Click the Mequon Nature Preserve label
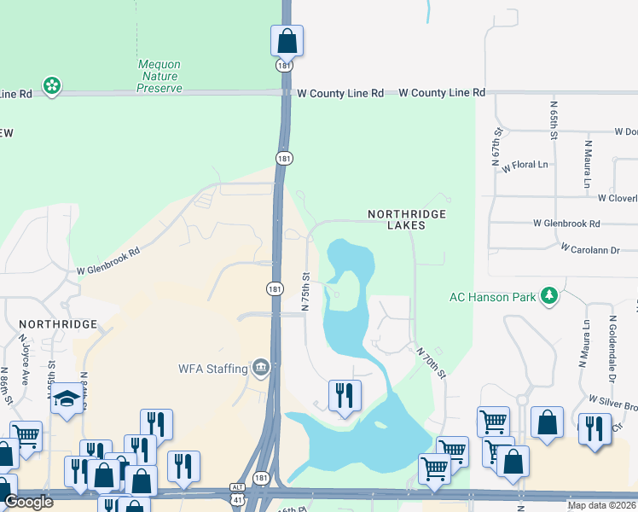159,76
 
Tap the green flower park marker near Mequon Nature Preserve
52,85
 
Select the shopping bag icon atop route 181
287,39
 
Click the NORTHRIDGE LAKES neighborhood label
408,219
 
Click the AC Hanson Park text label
492,297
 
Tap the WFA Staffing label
213,369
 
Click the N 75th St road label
305,291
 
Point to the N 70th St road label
432,362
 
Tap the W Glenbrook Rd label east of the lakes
566,224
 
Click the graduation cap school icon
67,399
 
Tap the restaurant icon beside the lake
345,395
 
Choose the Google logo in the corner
29,502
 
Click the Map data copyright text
602,505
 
